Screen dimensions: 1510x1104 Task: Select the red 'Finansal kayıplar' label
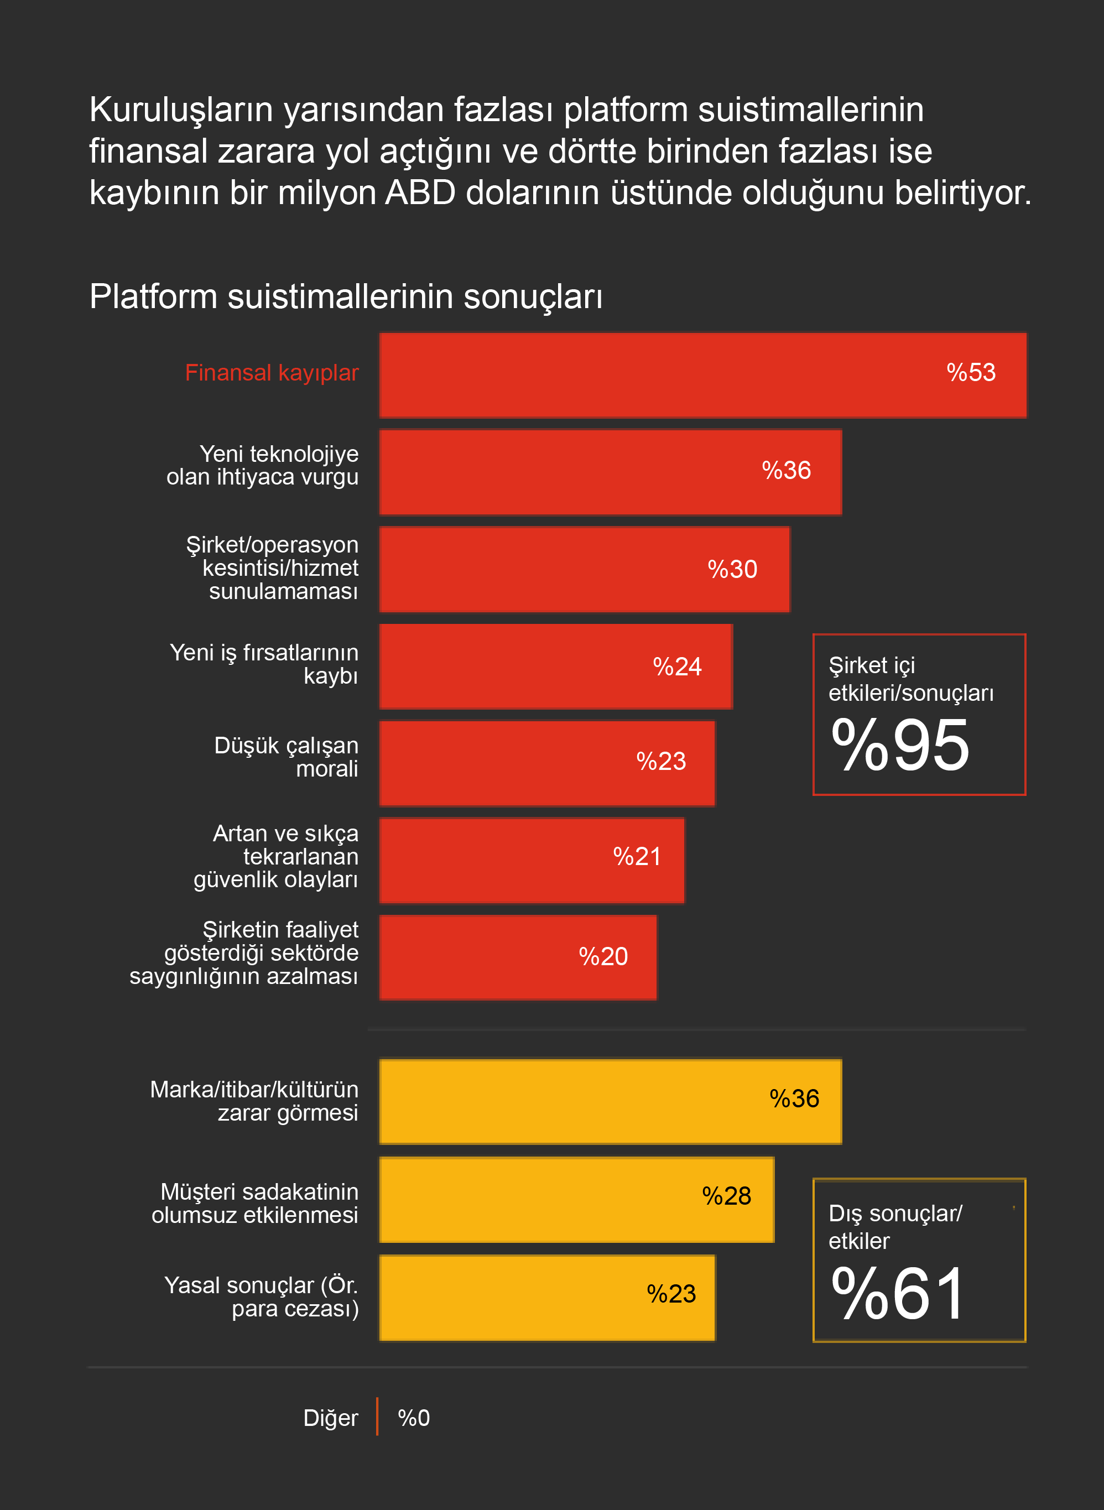272,373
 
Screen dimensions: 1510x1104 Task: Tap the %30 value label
732,569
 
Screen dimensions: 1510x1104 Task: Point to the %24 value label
677,667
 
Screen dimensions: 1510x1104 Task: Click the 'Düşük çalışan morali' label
286,757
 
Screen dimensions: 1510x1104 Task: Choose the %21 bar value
637,857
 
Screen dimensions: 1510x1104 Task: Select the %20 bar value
603,957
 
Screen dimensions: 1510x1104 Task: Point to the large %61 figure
898,1294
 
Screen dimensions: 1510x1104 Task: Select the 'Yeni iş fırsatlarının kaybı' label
264,664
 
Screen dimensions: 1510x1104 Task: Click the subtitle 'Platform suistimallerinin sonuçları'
346,296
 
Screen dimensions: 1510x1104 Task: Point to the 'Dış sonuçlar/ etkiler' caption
895,1227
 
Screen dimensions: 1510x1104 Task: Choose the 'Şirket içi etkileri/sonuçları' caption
910,679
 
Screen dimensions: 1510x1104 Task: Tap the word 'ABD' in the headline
420,193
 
